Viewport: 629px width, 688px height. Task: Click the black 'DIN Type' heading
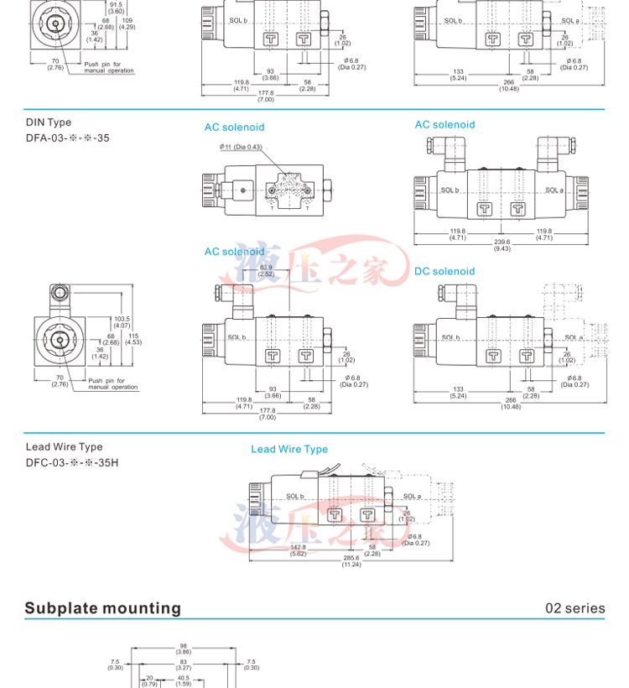pyautogui.click(x=49, y=122)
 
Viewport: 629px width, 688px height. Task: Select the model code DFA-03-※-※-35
pyautogui.click(x=67, y=138)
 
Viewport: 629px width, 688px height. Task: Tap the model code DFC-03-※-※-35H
pyautogui.click(x=72, y=462)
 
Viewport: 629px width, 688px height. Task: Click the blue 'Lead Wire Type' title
pyautogui.click(x=289, y=450)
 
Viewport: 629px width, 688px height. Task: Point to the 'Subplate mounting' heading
pyautogui.click(x=102, y=608)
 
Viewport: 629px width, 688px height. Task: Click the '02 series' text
pyautogui.click(x=574, y=608)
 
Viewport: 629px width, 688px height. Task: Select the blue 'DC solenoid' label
pyautogui.click(x=444, y=272)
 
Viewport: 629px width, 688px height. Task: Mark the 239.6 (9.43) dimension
pyautogui.click(x=502, y=246)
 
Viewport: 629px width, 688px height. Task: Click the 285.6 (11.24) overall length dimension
pyautogui.click(x=351, y=561)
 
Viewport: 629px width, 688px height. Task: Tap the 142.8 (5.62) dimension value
pyautogui.click(x=298, y=550)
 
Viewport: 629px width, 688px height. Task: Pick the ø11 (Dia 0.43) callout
pyautogui.click(x=241, y=147)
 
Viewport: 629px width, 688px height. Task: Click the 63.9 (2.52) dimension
pyautogui.click(x=266, y=270)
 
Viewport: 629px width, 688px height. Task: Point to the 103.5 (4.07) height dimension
pyautogui.click(x=122, y=322)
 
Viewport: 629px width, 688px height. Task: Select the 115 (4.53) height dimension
pyautogui.click(x=133, y=339)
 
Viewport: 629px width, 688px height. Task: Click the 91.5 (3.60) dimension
pyautogui.click(x=116, y=8)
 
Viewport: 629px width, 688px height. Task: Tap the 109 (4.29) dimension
pyautogui.click(x=127, y=23)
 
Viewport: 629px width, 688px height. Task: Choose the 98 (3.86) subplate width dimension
pyautogui.click(x=184, y=649)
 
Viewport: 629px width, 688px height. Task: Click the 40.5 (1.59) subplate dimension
pyautogui.click(x=183, y=680)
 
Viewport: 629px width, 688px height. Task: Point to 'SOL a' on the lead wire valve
pyautogui.click(x=412, y=496)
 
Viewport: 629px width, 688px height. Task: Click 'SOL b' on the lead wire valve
pyautogui.click(x=294, y=496)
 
